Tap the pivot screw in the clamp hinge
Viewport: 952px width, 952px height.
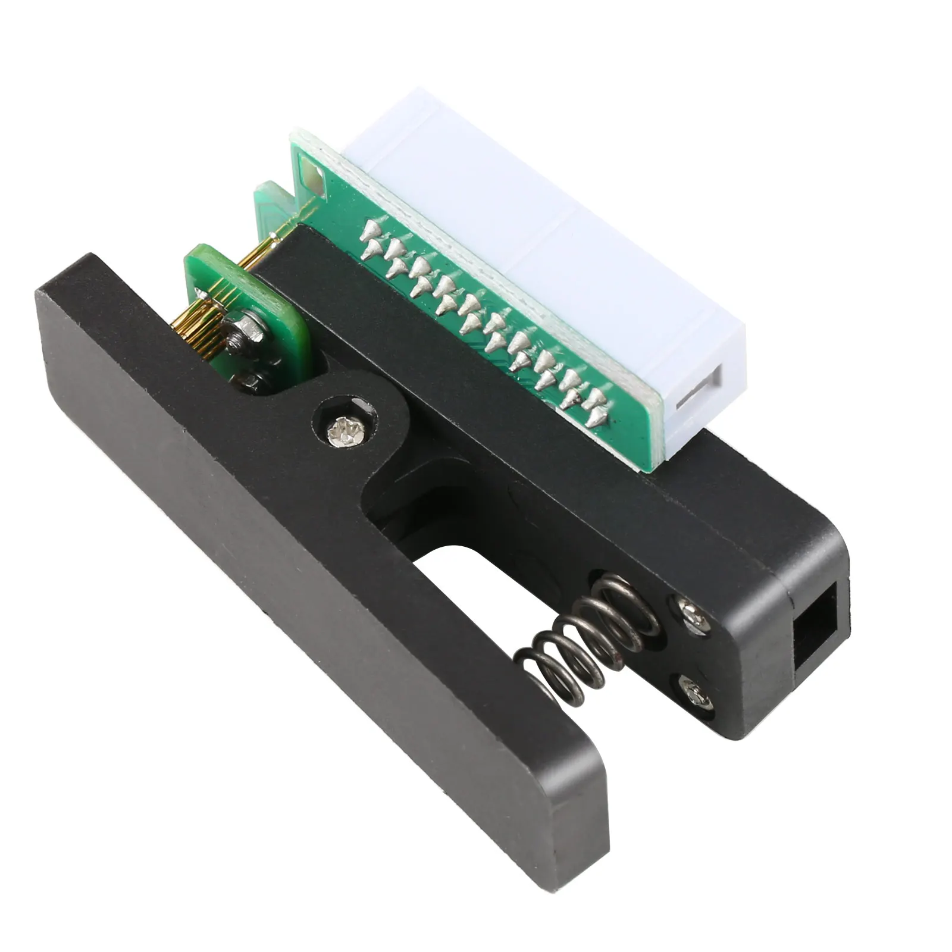346,428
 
